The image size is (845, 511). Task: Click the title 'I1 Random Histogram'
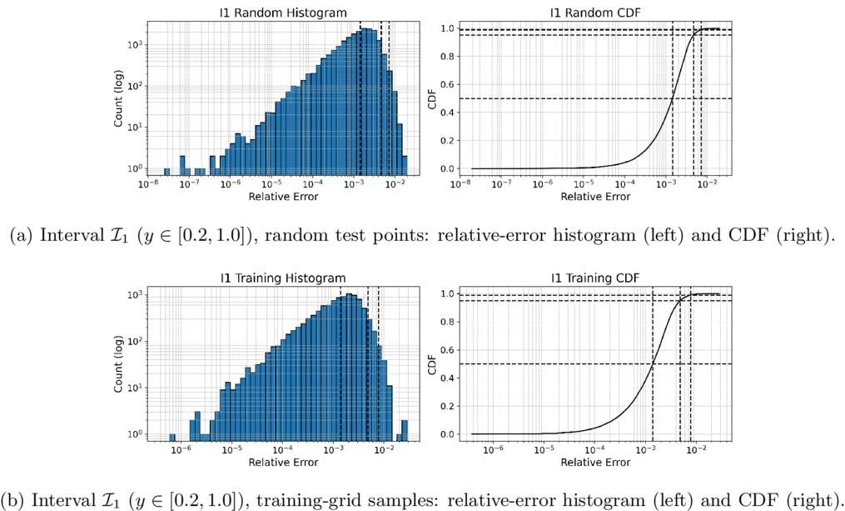(x=283, y=13)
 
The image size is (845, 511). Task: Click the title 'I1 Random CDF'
(x=595, y=13)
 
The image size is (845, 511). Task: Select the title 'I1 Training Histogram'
(x=283, y=278)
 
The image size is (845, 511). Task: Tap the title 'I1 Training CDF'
(x=595, y=278)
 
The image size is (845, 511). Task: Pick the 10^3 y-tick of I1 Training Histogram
(x=134, y=294)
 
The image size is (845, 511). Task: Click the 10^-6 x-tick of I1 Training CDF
(x=493, y=449)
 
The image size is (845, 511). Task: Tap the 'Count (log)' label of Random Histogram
(x=118, y=98)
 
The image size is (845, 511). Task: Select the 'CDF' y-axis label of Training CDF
(x=431, y=364)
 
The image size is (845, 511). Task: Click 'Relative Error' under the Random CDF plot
(x=595, y=197)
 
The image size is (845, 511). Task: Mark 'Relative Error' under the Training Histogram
(x=283, y=463)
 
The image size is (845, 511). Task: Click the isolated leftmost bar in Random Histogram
(x=167, y=171)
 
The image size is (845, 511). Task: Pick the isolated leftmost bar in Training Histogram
(x=172, y=437)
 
